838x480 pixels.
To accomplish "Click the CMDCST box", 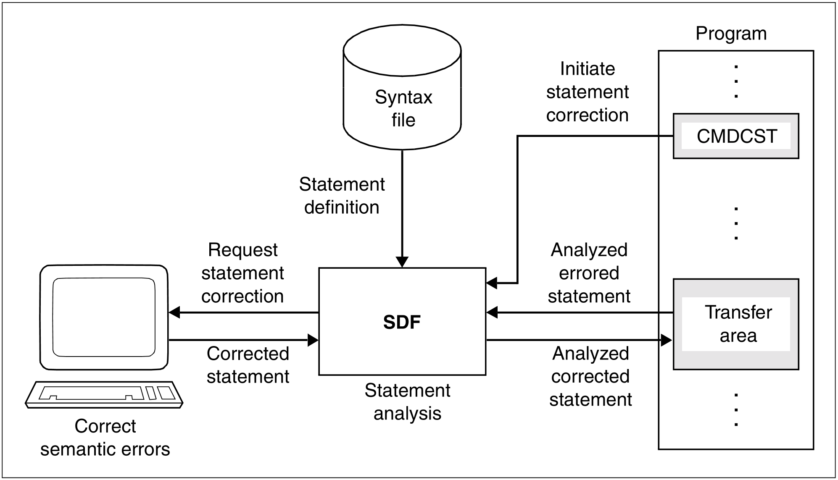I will click(x=736, y=136).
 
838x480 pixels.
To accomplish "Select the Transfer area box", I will click(x=736, y=324).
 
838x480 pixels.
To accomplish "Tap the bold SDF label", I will click(x=402, y=323).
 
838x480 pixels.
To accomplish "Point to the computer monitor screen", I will click(x=104, y=317).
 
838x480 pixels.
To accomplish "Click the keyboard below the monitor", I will click(x=104, y=394).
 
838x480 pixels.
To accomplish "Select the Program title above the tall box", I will click(x=731, y=34).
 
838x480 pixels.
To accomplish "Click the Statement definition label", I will click(x=342, y=196).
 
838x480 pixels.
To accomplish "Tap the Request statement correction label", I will click(x=242, y=273).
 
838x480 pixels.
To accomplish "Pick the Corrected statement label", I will click(x=248, y=365).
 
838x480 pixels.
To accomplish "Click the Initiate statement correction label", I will click(x=587, y=92).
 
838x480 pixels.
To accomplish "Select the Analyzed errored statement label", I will click(x=589, y=273).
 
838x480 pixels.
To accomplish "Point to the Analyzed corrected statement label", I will click(x=590, y=376).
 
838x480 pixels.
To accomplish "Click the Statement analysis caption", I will click(x=407, y=402).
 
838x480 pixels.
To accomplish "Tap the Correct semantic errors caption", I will click(x=105, y=438).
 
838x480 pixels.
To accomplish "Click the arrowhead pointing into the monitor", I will click(x=174, y=312).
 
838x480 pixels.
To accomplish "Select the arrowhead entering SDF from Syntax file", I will click(x=402, y=262).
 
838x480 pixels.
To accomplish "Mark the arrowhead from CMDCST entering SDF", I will click(x=491, y=283).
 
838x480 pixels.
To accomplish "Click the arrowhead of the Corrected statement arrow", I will click(x=314, y=340).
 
